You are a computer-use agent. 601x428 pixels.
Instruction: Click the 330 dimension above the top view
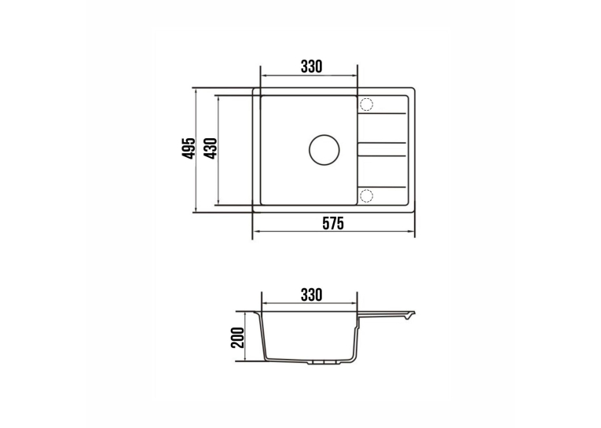coord(311,67)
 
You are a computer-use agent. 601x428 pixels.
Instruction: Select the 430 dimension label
coord(211,148)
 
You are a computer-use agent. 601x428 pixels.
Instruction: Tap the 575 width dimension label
coord(332,223)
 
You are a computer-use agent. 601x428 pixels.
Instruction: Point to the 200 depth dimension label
coord(238,337)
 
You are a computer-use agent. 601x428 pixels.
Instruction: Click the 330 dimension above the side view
coord(311,294)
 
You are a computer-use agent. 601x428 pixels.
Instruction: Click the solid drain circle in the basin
coord(324,150)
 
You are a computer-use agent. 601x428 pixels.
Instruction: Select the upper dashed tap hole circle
coord(366,104)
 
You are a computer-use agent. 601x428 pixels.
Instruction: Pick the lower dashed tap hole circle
coord(366,196)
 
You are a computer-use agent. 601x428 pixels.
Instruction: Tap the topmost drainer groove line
coord(382,113)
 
